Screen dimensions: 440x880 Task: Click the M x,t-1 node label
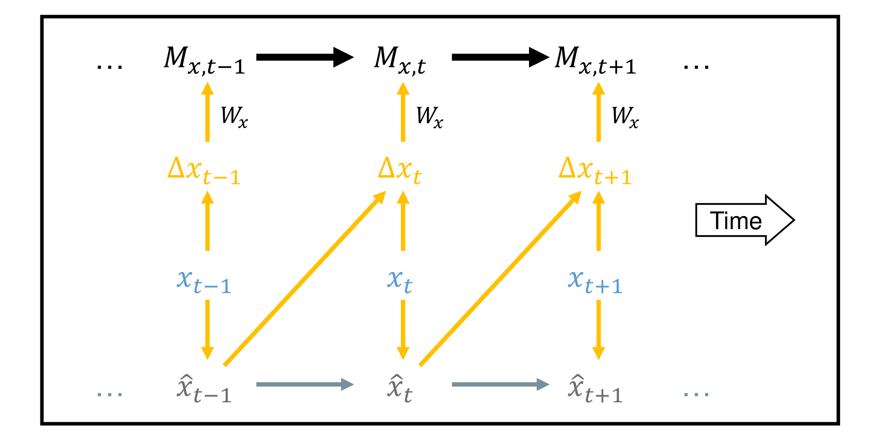click(204, 60)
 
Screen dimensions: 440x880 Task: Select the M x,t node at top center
click(400, 60)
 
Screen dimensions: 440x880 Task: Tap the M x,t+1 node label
click(595, 60)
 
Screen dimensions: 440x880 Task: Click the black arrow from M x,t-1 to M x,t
click(304, 57)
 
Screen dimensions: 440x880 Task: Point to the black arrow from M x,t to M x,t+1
click(499, 57)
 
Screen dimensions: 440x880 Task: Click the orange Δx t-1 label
click(204, 171)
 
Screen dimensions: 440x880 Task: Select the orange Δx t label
click(400, 171)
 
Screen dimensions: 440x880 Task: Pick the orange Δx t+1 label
click(595, 171)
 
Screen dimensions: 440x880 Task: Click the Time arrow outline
click(745, 220)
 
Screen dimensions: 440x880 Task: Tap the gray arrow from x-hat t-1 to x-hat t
click(304, 385)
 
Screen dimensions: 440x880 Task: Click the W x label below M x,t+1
click(625, 117)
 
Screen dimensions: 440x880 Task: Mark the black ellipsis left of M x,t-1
click(109, 67)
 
